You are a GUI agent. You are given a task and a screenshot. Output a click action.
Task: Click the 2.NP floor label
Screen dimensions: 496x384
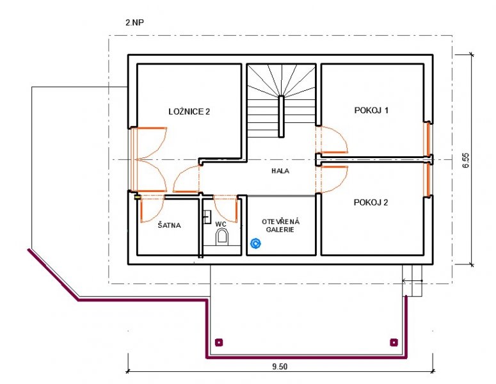135,22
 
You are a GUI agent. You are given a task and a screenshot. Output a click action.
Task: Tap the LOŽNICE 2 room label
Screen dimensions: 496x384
189,111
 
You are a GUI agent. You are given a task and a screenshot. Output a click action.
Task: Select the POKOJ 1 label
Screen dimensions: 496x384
371,110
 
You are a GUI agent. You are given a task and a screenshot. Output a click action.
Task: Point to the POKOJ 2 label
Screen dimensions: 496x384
371,202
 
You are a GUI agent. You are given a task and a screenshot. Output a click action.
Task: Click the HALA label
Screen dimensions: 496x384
280,171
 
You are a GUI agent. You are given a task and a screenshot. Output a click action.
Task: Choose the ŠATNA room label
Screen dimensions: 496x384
169,225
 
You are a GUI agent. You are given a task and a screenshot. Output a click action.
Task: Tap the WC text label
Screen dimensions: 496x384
221,224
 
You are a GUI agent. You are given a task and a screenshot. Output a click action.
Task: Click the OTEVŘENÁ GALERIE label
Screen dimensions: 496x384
280,225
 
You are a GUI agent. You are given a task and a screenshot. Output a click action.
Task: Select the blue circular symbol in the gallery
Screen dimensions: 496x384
255,244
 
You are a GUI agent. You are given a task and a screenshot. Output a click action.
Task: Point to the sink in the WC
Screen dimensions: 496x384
207,217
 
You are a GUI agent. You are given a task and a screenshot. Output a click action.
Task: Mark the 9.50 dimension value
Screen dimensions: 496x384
280,367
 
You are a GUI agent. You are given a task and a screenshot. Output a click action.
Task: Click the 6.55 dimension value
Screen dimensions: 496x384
467,161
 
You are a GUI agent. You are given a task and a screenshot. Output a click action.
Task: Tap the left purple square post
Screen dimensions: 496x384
219,342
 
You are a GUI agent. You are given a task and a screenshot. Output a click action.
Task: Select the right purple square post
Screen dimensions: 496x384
394,342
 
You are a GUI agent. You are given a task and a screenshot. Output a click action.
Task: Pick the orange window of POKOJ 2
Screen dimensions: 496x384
428,179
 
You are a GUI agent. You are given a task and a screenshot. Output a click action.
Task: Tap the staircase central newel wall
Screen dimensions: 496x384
280,116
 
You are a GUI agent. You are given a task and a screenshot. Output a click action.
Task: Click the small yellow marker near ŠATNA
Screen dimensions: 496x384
138,197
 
